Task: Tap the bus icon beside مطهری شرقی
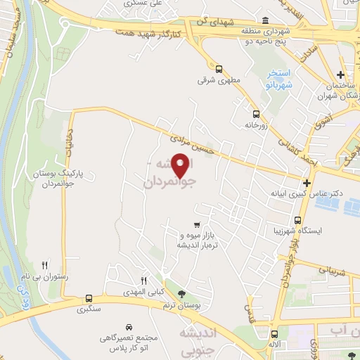[x=219, y=69]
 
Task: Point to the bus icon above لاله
[x=273, y=335]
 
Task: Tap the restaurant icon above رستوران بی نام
[x=45, y=265]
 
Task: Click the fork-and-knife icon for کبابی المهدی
[x=143, y=279]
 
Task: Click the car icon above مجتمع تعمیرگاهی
[x=129, y=328]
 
